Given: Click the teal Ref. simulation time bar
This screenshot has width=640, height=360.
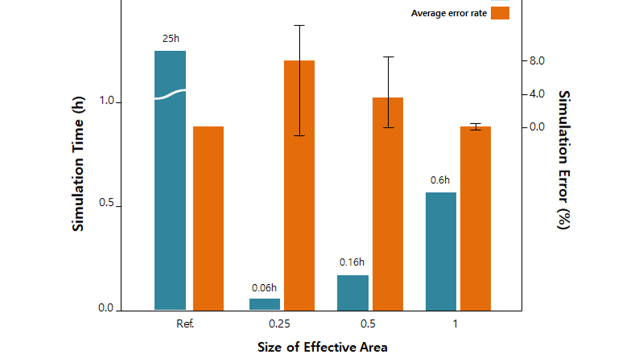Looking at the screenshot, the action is pos(170,180).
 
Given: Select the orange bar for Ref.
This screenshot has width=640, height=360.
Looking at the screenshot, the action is pos(208,218).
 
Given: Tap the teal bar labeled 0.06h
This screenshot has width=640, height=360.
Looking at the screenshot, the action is pos(265,304).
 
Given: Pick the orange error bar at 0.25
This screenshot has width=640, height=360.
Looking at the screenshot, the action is pos(300,185).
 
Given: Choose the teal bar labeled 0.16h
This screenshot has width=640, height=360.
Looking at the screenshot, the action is pos(353,293).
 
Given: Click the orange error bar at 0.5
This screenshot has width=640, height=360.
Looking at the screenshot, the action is pos(388,204).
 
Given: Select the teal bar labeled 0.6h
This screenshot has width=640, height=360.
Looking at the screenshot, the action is pos(441,251).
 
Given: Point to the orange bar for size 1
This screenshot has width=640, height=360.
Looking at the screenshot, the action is pos(476,218).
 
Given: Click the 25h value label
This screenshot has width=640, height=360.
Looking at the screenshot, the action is pos(171,38).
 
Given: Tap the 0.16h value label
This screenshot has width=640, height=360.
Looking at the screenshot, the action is pos(352,262).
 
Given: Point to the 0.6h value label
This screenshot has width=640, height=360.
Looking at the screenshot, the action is pos(440,180).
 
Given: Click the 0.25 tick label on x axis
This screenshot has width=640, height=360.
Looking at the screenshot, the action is pos(279,324).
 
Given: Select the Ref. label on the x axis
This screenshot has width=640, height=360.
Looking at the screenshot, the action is pos(185,324).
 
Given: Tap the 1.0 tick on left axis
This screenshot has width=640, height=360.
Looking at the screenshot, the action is pos(106,101).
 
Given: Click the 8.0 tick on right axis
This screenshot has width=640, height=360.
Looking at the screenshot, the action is pos(537,61).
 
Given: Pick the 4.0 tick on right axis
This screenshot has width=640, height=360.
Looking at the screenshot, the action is pos(537,94).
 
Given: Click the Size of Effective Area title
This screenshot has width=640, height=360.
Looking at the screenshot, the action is pos(322,347).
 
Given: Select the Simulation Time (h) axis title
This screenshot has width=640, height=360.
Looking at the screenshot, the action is pos(78,164).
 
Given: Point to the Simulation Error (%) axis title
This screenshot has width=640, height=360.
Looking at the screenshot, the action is pos(564,160).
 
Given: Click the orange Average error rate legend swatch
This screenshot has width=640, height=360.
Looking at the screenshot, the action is pos(500,13).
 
